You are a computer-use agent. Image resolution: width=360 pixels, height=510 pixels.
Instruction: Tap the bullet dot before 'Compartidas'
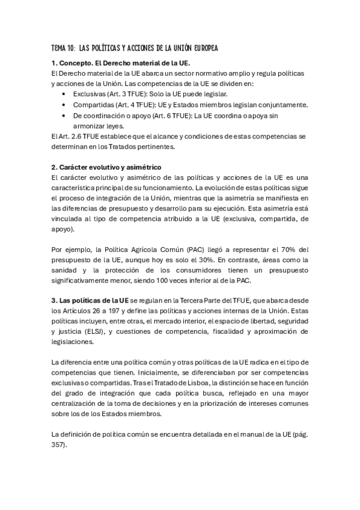coord(64,105)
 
